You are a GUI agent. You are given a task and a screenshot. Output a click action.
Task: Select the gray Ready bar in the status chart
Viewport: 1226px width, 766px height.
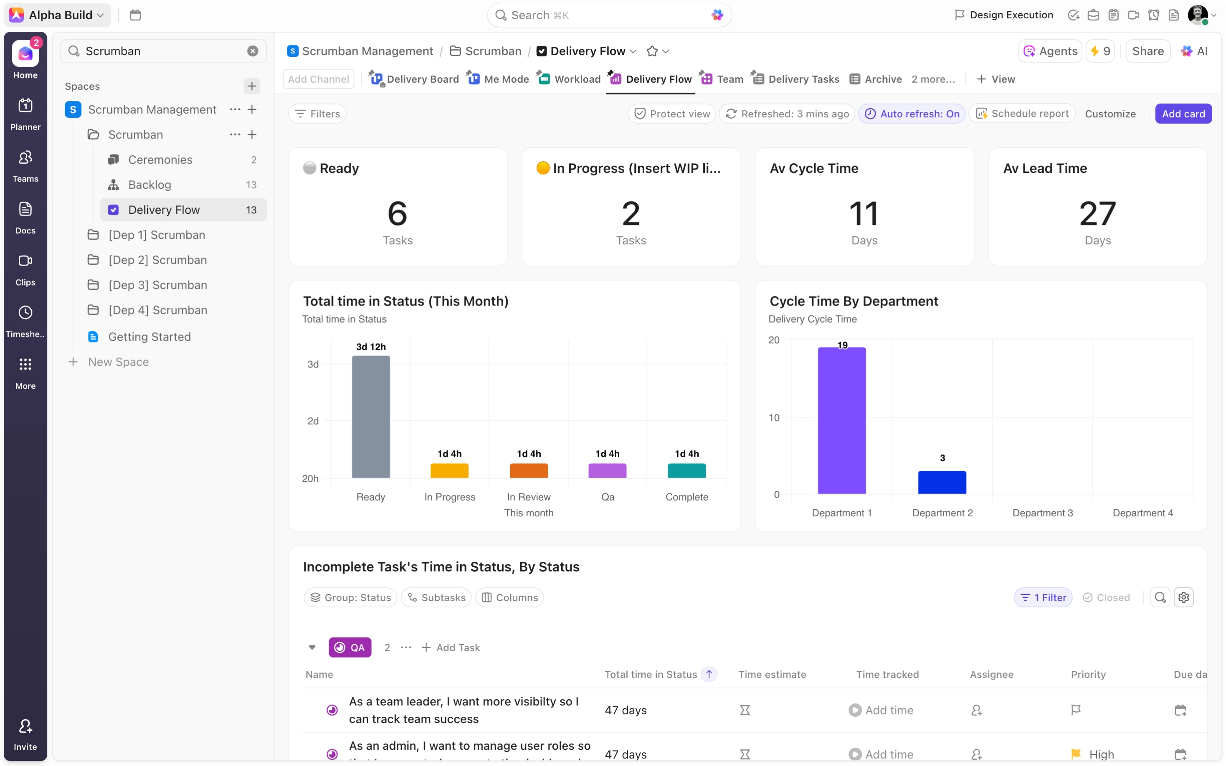pos(371,417)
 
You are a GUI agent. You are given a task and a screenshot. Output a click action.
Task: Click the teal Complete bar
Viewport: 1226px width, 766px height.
pos(686,470)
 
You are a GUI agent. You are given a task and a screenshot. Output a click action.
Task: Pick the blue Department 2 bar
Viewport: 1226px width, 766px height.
pos(942,482)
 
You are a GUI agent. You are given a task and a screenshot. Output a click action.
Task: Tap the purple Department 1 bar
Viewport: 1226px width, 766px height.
pos(841,420)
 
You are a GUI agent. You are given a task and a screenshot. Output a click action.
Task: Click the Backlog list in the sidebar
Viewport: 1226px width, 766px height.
pos(149,185)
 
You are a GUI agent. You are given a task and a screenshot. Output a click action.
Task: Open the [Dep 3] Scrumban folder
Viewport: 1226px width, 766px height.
pos(157,285)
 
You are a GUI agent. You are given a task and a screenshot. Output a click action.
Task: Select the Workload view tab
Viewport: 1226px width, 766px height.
pos(577,79)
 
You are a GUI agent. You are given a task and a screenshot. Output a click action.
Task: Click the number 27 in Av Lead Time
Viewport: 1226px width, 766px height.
pos(1097,214)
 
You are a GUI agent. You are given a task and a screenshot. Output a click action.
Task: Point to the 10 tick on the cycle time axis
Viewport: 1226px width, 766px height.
pos(774,417)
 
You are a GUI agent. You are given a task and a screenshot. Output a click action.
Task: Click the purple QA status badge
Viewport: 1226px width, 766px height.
pos(350,647)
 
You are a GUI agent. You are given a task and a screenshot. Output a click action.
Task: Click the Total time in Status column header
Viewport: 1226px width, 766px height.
pos(651,674)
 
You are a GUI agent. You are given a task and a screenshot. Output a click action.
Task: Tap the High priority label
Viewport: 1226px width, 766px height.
pos(1101,754)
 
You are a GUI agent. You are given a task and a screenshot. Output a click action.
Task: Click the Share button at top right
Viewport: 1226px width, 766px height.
pos(1147,51)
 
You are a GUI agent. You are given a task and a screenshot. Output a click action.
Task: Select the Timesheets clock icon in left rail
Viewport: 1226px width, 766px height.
pos(25,313)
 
